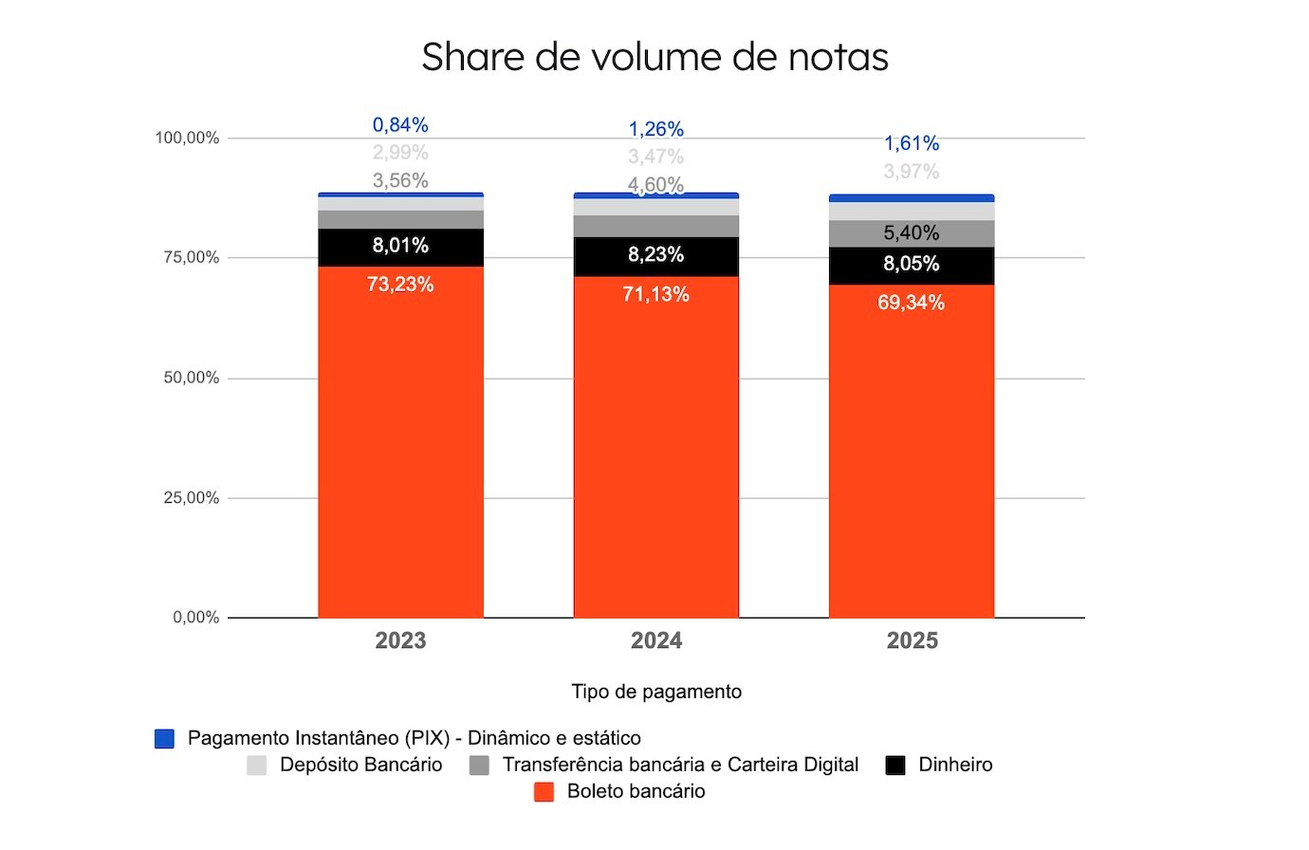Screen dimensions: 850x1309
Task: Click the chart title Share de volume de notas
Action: [654, 57]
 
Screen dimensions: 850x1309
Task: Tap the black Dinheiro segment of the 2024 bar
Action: [656, 255]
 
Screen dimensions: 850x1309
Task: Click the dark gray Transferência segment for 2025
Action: [912, 233]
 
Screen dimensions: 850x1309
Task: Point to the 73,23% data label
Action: [400, 285]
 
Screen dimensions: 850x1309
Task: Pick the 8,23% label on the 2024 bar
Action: [655, 254]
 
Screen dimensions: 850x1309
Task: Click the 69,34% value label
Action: [911, 303]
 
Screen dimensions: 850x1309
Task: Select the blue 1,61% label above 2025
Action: [912, 143]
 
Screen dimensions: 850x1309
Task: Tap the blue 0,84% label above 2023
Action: [400, 125]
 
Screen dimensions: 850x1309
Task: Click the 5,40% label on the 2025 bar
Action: [912, 232]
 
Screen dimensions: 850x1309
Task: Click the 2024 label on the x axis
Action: [656, 641]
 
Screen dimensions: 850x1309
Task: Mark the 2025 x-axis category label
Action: [912, 641]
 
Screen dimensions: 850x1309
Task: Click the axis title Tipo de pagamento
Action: [656, 692]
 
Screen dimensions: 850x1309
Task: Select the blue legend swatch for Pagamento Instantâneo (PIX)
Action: [165, 739]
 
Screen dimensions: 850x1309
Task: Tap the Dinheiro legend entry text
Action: [955, 765]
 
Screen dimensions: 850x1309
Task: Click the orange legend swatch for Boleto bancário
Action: [544, 792]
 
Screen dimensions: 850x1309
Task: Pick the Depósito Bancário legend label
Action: [360, 765]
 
